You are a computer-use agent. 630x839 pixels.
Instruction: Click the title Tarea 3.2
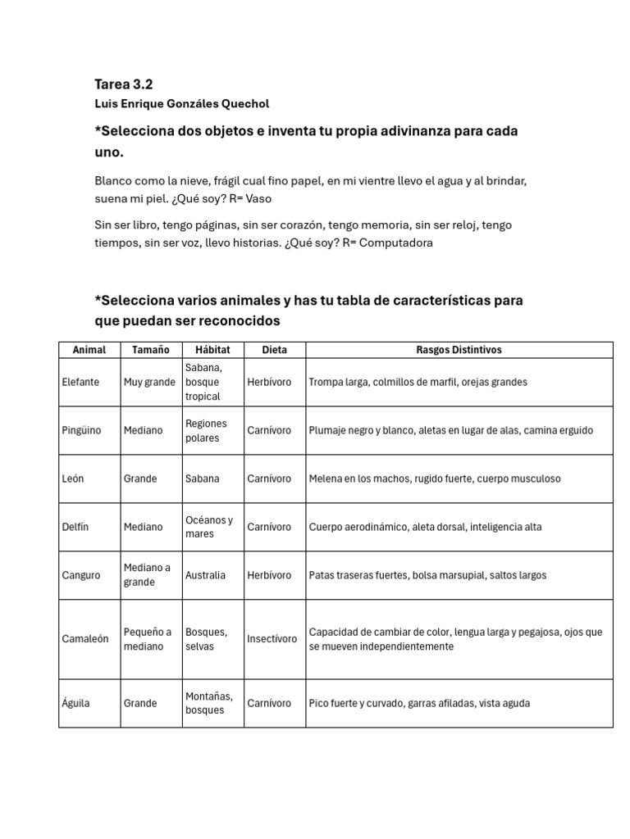point(124,84)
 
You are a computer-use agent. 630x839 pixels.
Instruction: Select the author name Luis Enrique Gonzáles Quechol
point(181,104)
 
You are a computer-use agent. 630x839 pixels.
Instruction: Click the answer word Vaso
point(258,198)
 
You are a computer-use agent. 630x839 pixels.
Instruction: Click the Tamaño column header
point(151,350)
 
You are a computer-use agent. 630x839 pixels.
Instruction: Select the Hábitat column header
point(212,350)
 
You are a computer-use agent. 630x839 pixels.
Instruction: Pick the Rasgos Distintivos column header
point(459,350)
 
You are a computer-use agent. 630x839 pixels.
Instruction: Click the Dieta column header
point(274,350)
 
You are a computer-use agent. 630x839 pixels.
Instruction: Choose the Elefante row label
point(80,382)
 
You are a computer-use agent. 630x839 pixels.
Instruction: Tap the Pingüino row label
point(82,430)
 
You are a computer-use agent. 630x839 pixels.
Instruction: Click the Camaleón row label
point(85,639)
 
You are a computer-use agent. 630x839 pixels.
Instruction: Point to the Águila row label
point(76,703)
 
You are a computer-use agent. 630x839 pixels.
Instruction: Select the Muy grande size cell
point(149,382)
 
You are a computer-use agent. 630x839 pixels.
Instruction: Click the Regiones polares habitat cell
point(206,430)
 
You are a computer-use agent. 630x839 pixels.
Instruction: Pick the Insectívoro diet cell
point(272,639)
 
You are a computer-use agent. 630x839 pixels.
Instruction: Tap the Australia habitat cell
point(206,575)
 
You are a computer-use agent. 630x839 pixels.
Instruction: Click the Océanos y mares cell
point(209,527)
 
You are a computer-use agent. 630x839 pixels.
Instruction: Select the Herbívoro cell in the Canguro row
point(269,575)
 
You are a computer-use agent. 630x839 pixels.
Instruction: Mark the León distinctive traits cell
point(435,478)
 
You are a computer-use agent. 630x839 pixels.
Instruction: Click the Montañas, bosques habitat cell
point(209,703)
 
